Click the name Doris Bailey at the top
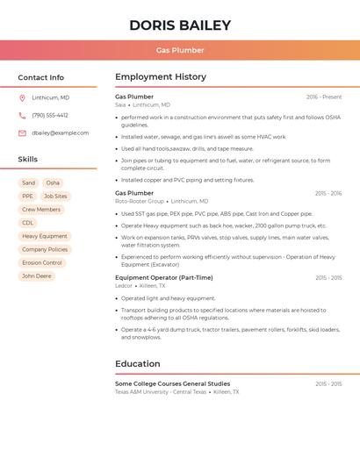click(x=180, y=25)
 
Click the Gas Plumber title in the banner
click(x=180, y=50)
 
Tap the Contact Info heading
click(x=40, y=77)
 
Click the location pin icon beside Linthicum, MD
click(x=22, y=97)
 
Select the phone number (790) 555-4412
click(x=50, y=115)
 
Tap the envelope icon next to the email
click(x=22, y=132)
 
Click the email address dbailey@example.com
click(x=60, y=132)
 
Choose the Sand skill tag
click(x=28, y=183)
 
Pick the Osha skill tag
click(x=53, y=183)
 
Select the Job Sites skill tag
click(x=55, y=197)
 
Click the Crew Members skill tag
click(x=41, y=210)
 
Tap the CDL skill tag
click(x=28, y=223)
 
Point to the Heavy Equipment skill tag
click(x=44, y=236)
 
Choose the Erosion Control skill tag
click(x=42, y=262)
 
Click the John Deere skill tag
click(x=37, y=275)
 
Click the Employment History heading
click(x=160, y=77)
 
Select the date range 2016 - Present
click(x=324, y=97)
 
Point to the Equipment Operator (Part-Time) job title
click(x=163, y=277)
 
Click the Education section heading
click(x=137, y=363)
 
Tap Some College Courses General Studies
click(x=172, y=383)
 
